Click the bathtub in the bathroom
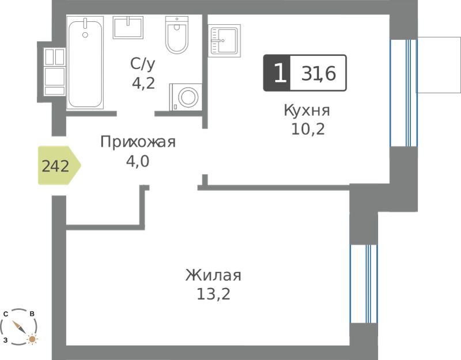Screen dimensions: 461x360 coord(85,63)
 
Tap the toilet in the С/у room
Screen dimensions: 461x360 coord(176,35)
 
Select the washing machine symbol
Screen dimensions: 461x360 coord(186,97)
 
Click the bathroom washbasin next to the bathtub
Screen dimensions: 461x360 coord(128,28)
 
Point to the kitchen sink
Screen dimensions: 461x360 coord(224,40)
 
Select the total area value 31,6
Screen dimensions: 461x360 coord(319,74)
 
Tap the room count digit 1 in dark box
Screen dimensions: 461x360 coord(279,73)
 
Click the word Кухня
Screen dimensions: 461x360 coord(307,111)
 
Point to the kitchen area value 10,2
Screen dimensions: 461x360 coord(308,128)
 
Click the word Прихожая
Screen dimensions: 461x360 coord(138,142)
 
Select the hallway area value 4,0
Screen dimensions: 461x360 coord(138,161)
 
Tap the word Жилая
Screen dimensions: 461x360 coord(213,275)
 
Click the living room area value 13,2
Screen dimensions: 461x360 coord(213,294)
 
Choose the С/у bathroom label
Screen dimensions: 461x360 coord(142,65)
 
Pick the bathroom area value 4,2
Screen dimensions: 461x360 coord(143,84)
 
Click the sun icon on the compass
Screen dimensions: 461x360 coord(32,339)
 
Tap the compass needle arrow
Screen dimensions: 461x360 coord(18,327)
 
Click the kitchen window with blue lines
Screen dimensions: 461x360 coord(403,93)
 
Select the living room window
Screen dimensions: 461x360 coord(364,284)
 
